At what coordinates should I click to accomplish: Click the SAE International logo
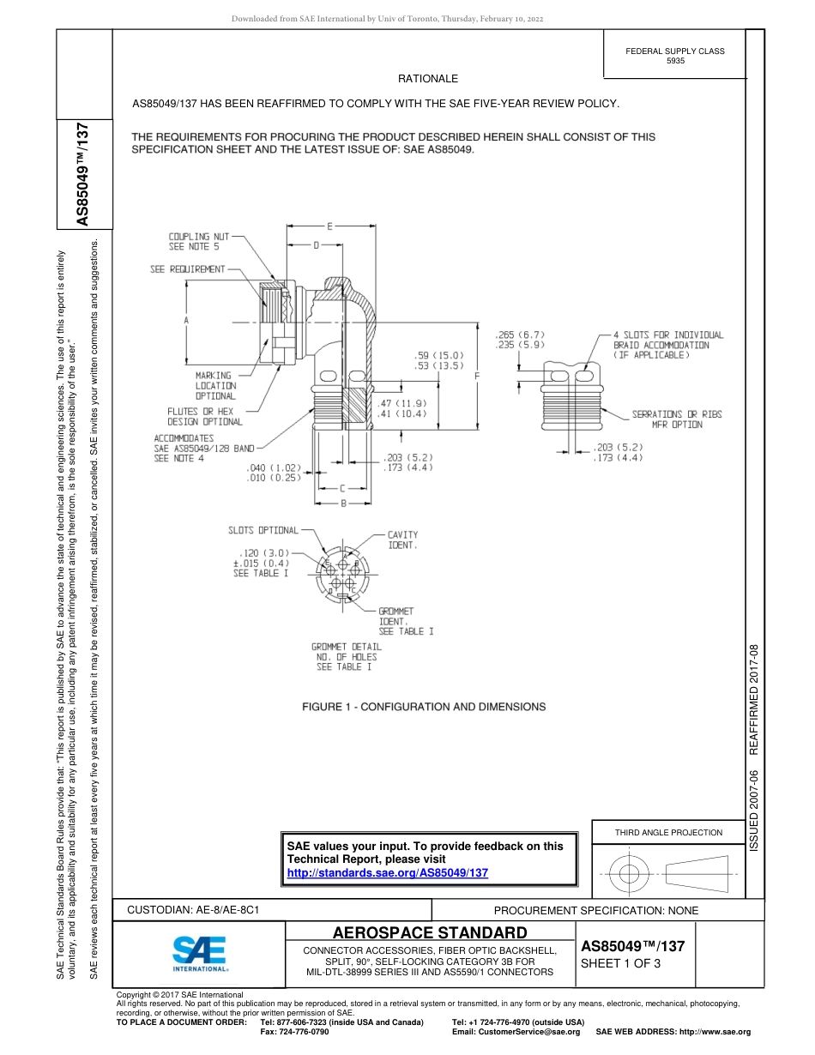200,953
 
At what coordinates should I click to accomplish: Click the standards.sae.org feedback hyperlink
387,872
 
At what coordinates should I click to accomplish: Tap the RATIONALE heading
428,79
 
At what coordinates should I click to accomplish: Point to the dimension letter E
329,226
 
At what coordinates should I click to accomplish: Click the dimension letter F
477,376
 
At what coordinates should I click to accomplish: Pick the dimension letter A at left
186,320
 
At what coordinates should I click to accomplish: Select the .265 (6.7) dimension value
520,335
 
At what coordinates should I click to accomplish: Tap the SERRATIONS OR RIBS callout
677,414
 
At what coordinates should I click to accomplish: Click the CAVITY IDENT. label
402,540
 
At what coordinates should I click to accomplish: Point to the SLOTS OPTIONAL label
263,530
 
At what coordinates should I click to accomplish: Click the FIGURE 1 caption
423,707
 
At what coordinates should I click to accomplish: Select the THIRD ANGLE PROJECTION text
668,832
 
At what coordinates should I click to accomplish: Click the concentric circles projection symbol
630,874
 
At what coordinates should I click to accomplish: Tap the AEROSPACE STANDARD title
429,932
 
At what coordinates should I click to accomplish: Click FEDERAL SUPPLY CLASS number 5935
675,62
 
